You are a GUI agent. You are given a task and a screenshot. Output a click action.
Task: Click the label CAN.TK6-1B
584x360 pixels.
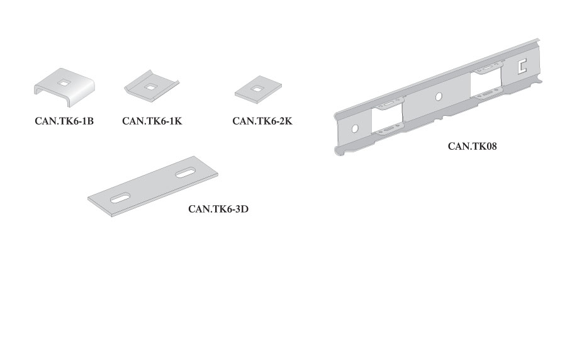pos(64,121)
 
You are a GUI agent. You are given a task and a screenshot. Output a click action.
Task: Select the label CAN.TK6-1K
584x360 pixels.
pos(152,121)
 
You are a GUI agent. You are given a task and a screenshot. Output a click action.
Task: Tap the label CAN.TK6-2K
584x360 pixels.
pos(262,121)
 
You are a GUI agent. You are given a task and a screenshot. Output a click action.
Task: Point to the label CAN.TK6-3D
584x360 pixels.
pos(218,209)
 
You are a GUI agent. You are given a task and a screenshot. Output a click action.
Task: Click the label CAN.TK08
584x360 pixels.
pos(472,146)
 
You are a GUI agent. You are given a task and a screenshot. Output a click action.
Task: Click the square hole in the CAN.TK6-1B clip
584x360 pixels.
pos(64,84)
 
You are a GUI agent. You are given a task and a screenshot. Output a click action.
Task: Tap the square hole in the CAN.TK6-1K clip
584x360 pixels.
pos(150,87)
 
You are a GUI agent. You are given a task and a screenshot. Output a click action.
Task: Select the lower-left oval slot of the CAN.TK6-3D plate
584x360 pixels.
pos(120,198)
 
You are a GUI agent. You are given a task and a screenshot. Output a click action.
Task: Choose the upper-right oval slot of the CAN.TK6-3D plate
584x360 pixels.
pos(186,173)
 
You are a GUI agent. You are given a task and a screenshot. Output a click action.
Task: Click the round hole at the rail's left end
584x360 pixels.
pos(354,128)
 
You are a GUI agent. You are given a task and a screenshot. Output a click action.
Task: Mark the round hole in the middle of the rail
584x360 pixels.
pos(439,97)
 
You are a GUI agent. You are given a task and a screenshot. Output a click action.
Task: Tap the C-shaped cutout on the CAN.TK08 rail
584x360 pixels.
pos(521,66)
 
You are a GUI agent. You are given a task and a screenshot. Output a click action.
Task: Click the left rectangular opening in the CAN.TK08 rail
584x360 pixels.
pos(387,118)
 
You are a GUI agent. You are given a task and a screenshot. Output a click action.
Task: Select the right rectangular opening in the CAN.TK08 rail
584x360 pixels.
pos(486,84)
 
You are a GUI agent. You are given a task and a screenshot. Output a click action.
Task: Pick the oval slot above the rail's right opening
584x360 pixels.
pos(488,69)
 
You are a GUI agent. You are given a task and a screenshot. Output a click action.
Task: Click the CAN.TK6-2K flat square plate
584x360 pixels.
pos(258,89)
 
